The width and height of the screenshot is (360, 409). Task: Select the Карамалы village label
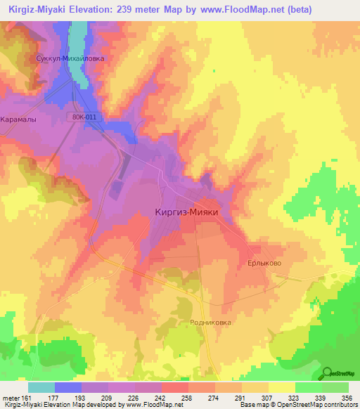pos(18,119)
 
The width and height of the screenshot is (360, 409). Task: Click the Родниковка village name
pos(210,323)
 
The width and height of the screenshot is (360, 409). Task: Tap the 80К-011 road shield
pos(84,117)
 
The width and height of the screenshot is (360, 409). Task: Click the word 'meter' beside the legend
pos(11,397)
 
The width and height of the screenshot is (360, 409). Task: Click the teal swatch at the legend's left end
pos(41,387)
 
